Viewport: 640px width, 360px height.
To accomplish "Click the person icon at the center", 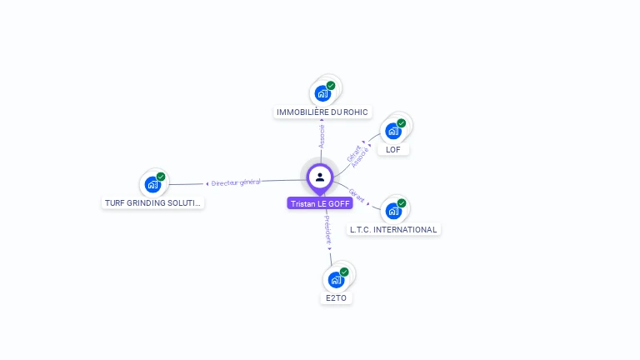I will pos(320,177).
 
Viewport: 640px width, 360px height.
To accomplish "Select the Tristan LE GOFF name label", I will pos(320,203).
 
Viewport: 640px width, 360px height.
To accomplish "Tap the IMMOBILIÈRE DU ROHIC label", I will pos(322,112).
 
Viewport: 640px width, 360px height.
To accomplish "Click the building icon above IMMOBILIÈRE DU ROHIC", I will pos(322,93).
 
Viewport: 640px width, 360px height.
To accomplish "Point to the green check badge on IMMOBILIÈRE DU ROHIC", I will pos(331,86).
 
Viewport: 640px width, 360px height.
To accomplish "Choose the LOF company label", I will pos(393,150).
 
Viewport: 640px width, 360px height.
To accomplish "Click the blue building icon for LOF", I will pos(392,131).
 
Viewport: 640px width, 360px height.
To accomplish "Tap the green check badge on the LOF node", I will pos(402,123).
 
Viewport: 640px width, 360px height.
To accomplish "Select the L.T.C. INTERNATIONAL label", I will pos(393,229).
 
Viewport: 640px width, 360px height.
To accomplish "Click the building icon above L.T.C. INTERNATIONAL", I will pos(392,211).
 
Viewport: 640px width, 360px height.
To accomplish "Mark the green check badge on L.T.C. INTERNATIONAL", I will pos(402,203).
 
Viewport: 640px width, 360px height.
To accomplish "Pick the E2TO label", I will pos(336,297).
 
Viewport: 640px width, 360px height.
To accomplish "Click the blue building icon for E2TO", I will pos(335,279).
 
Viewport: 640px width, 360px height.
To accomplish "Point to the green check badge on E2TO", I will pos(344,272).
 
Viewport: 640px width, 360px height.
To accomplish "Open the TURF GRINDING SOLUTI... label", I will pos(153,202).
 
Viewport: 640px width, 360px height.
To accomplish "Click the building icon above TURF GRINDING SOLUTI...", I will pos(152,184).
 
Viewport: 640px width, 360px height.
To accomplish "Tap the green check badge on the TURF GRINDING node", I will pos(162,177).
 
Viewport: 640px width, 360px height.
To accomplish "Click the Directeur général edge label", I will pos(235,182).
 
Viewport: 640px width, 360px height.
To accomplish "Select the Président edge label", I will pos(327,229).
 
